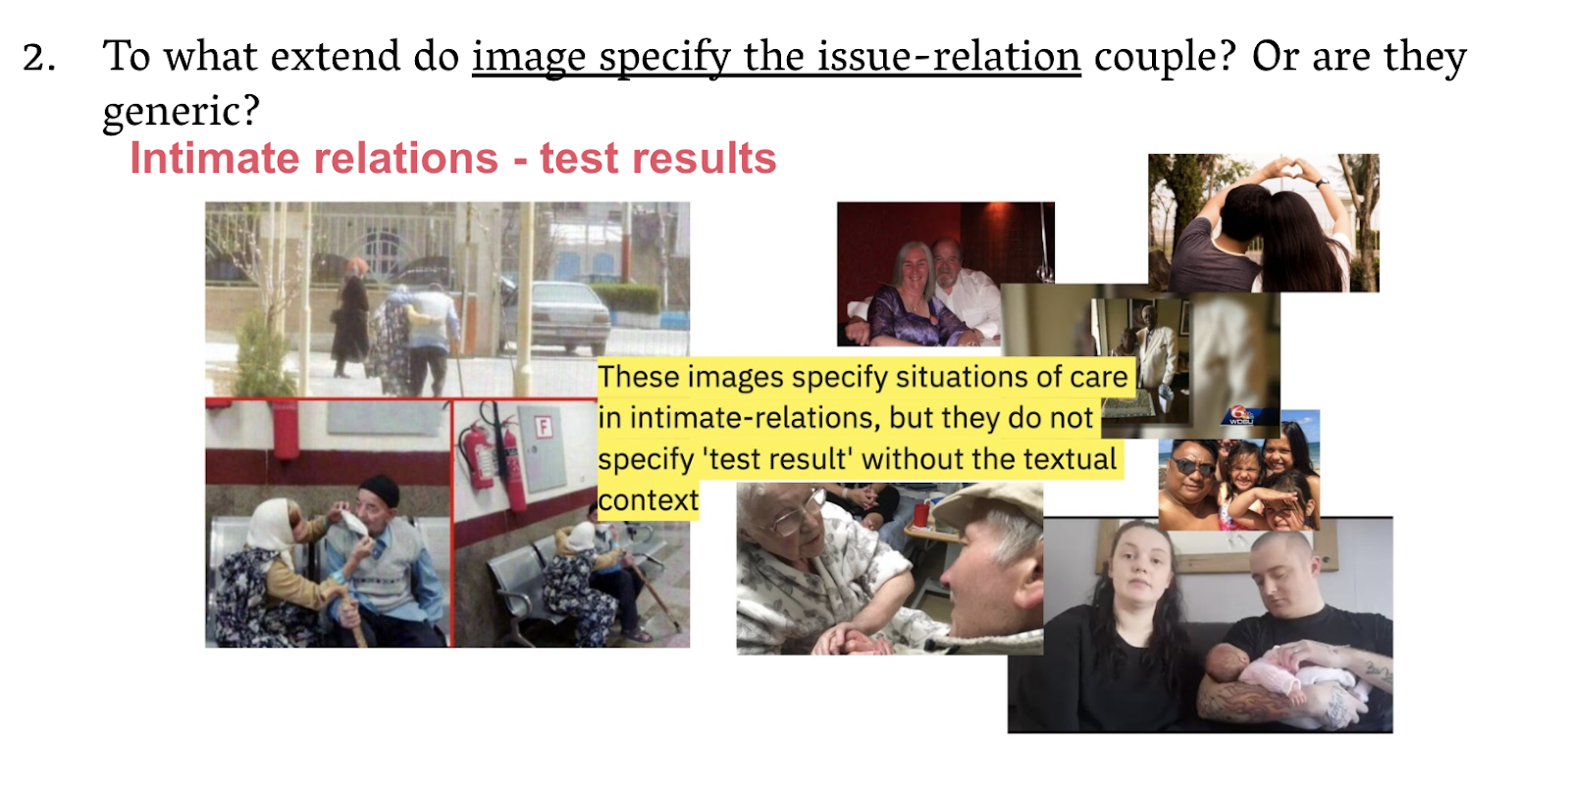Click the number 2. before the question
coord(39,58)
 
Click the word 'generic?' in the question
coord(182,111)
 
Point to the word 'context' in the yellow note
coord(649,500)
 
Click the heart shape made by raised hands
coord(1263,171)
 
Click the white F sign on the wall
coord(544,426)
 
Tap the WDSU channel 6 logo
coord(1241,416)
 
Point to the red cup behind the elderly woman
coord(921,514)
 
